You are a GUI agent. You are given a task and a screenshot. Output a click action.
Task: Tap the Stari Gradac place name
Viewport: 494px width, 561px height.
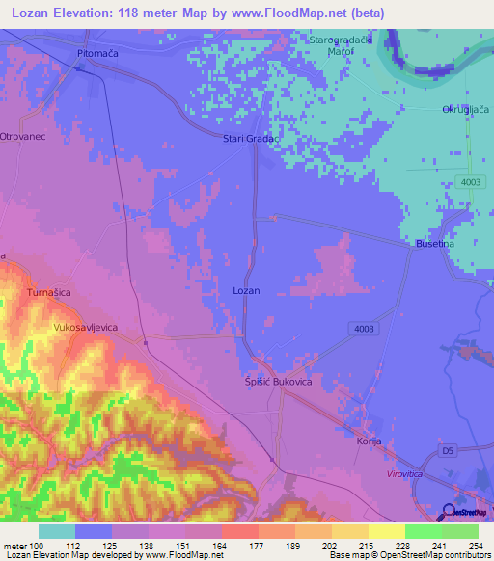(x=251, y=139)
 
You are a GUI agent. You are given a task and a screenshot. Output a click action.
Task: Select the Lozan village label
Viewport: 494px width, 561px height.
(x=246, y=290)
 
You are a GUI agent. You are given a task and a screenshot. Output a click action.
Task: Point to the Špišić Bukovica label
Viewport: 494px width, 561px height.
(x=277, y=383)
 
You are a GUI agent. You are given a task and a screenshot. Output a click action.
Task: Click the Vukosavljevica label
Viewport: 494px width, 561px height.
(x=85, y=328)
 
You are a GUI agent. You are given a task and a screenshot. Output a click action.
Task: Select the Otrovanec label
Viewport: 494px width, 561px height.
(x=23, y=136)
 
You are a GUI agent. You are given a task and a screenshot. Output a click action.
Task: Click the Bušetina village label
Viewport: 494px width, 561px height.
(x=435, y=245)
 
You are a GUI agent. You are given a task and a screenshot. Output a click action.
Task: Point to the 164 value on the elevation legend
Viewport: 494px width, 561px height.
(x=220, y=547)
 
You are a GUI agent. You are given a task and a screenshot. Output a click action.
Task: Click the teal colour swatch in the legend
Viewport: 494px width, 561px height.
(x=57, y=531)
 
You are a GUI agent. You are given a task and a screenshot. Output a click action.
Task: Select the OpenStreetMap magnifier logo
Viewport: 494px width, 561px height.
(x=450, y=513)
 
